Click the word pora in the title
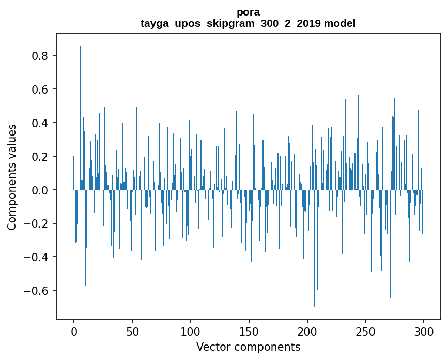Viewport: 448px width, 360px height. pyautogui.click(x=248, y=12)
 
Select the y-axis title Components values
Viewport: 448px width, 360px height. pyautogui.click(x=12, y=177)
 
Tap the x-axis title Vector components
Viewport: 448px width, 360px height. pyautogui.click(x=248, y=347)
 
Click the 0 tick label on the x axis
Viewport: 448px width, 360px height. pyautogui.click(x=74, y=331)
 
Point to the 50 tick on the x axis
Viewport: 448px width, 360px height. pyautogui.click(x=132, y=331)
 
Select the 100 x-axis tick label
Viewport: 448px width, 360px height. pyautogui.click(x=191, y=331)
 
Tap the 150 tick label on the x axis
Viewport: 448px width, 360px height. pyautogui.click(x=249, y=331)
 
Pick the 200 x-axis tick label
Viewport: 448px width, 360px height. pyautogui.click(x=307, y=331)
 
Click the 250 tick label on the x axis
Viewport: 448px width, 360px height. pyautogui.click(x=366, y=331)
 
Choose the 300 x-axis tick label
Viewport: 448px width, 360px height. pyautogui.click(x=424, y=331)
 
